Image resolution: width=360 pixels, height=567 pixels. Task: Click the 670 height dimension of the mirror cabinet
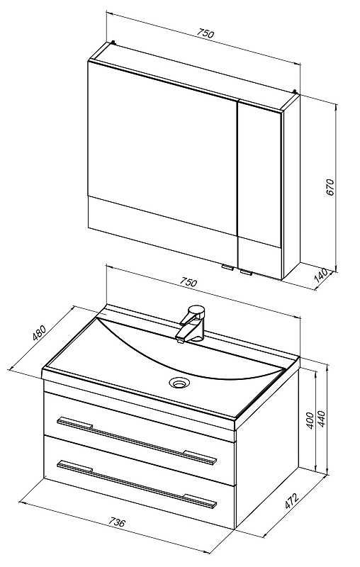point(331,186)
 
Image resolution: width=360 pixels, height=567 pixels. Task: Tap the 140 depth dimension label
point(321,275)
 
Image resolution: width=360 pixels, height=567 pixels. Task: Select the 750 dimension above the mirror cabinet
point(206,33)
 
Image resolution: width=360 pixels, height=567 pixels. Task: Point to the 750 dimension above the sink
point(189,281)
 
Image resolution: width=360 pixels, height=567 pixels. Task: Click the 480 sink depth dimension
point(40,333)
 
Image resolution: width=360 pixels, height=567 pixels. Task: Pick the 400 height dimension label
point(310,420)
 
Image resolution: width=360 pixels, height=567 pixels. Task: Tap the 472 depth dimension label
point(292,501)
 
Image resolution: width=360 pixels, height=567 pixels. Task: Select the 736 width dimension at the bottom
point(117,522)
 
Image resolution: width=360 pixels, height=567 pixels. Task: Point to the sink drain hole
point(179,382)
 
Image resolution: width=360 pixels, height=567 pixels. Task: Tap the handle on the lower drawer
point(137,483)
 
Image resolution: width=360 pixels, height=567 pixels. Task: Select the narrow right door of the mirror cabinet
point(259,188)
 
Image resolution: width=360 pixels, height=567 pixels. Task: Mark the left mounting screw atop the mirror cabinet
point(114,43)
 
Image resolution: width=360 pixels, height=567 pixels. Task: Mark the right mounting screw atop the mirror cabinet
point(295,91)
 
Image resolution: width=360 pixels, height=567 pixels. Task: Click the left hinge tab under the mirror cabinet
point(227,268)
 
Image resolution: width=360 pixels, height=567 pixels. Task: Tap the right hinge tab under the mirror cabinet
point(246,272)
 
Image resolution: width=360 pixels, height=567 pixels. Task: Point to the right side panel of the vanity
point(267,447)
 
